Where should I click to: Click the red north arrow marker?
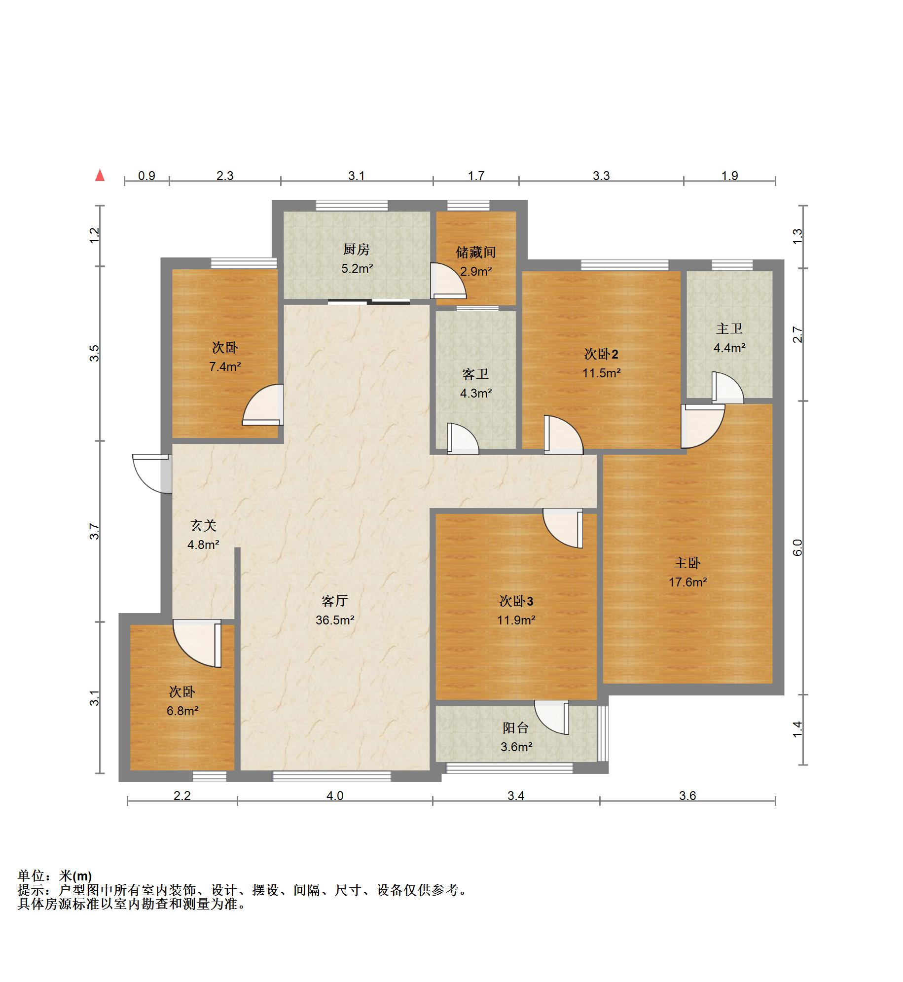[100, 175]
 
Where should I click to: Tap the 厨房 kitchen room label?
[356, 250]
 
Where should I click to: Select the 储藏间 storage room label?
[475, 253]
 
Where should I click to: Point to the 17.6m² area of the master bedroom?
[687, 582]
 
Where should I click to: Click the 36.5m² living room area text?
[335, 620]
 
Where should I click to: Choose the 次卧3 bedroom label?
[516, 601]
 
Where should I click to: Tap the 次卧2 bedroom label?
[601, 354]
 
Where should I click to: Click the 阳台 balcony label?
[515, 728]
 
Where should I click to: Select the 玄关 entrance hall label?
[203, 526]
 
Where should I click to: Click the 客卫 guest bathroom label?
[475, 374]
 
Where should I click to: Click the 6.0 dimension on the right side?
[797, 547]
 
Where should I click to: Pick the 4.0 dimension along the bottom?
[334, 796]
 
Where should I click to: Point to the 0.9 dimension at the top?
[146, 176]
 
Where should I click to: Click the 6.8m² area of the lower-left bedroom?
[182, 711]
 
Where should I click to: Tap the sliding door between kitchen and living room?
[368, 302]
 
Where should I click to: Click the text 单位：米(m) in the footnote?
[55, 876]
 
